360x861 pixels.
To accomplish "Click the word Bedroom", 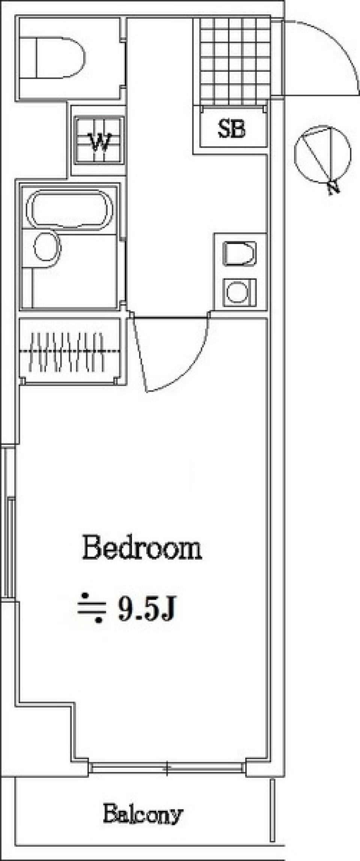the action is point(142,548).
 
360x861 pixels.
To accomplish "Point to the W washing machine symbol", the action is point(99,140).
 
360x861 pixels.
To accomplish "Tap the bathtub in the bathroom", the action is point(69,210).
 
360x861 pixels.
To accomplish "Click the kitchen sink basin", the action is point(239,254).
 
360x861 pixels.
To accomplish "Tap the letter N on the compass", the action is point(332,187).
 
